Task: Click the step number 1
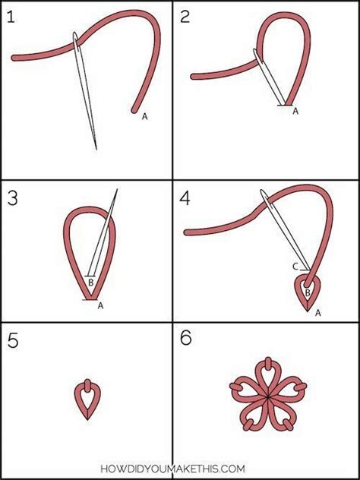[x=11, y=17]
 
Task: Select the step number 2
[x=185, y=17]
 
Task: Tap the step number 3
[x=13, y=199]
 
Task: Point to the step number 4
[x=185, y=199]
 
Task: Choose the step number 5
[x=13, y=341]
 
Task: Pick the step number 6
[x=186, y=339]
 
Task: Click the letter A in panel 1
[x=144, y=116]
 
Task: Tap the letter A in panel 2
[x=295, y=112]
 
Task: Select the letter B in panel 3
[x=91, y=283]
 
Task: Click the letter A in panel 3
[x=100, y=305]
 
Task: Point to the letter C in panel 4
[x=295, y=267]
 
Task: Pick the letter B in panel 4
[x=308, y=292]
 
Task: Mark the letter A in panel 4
[x=317, y=313]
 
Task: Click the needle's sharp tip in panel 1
[x=96, y=150]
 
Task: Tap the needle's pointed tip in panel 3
[x=117, y=189]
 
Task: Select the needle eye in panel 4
[x=264, y=196]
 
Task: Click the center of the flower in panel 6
[x=268, y=397]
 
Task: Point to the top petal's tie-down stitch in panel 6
[x=268, y=364]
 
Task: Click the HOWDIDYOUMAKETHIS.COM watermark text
[x=173, y=469]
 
